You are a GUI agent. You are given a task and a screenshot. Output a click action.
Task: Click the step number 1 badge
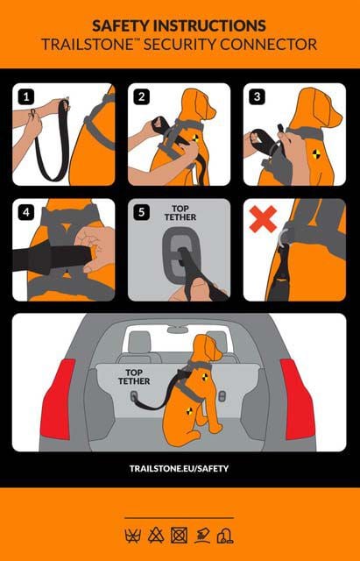pos(25,97)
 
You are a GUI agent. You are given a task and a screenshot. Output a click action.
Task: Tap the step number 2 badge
pos(142,97)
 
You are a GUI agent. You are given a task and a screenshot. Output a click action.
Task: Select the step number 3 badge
pos(257,97)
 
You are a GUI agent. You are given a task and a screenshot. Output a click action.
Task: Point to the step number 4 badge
pos(25,213)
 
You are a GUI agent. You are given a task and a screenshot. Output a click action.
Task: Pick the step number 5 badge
pos(142,213)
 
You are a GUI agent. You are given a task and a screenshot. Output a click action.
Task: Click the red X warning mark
pos(263,218)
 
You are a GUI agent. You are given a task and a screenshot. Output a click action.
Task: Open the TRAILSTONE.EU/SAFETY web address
pos(179,468)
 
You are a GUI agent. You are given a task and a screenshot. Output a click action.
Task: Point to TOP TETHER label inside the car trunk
pos(134,377)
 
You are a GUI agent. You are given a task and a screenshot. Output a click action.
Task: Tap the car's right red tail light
pos(298,399)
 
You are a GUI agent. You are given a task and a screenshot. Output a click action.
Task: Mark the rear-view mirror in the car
pos(178,330)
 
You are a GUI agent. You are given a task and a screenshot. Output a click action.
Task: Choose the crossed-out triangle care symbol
pos(156,536)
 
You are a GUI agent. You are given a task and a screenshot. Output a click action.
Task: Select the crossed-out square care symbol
pos(179,536)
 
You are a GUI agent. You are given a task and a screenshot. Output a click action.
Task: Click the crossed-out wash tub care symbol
pos(132,536)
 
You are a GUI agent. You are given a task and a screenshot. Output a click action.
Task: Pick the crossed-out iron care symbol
pos(202,536)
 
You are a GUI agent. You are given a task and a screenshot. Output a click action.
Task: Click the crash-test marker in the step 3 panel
pos(316,154)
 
